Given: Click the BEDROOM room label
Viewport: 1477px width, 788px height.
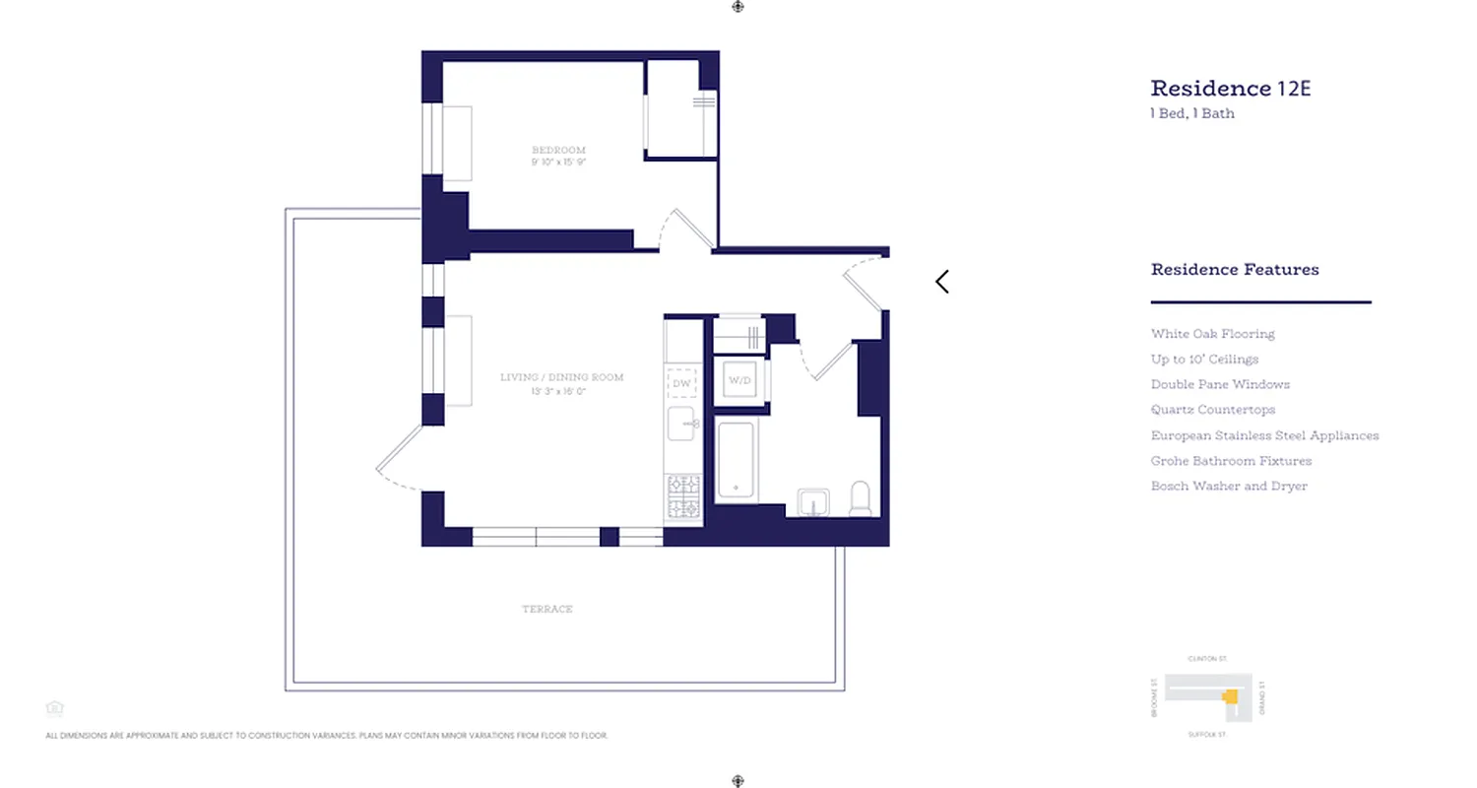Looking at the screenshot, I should click(x=558, y=150).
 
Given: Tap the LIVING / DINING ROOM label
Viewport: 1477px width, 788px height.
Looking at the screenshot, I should click(x=561, y=377).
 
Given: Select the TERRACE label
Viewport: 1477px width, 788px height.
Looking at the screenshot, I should click(x=547, y=609).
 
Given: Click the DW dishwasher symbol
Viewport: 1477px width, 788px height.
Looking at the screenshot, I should click(x=681, y=382).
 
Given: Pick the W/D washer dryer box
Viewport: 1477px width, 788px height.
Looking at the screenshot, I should click(x=739, y=380).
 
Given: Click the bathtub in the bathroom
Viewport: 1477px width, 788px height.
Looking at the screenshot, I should click(x=736, y=461).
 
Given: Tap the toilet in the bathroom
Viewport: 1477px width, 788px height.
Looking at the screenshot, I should click(x=861, y=498).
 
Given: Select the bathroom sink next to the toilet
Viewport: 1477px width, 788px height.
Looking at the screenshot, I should click(x=813, y=502).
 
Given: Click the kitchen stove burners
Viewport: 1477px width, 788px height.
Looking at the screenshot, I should click(x=683, y=496).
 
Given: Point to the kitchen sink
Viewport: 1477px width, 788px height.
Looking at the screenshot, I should click(x=681, y=424).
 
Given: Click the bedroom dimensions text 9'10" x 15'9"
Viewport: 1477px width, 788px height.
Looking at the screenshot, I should click(x=558, y=162).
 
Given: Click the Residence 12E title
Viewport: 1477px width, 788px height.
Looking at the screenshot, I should click(x=1230, y=89).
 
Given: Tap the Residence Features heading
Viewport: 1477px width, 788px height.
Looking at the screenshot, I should click(x=1235, y=269).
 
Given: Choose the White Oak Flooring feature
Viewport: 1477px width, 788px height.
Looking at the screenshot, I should click(x=1212, y=334).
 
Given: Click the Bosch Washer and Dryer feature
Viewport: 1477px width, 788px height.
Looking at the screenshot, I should click(x=1229, y=486).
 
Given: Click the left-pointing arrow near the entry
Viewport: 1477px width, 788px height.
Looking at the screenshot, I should click(x=942, y=282).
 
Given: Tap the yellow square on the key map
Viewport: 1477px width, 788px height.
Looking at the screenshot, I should click(x=1229, y=696).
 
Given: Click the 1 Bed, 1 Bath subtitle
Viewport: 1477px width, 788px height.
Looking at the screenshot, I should click(x=1192, y=113).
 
